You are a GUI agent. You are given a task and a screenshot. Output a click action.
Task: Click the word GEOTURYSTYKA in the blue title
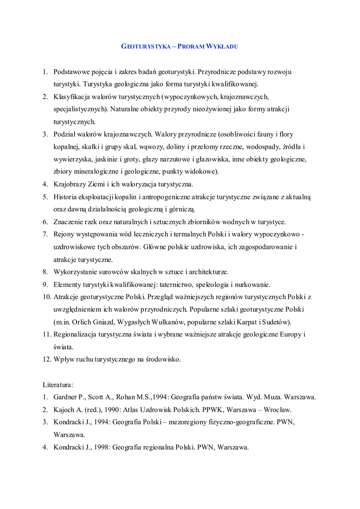coord(145,46)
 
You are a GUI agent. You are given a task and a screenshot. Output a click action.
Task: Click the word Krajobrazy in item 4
coord(71,184)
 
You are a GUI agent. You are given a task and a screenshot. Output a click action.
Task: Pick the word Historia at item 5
coord(68,197)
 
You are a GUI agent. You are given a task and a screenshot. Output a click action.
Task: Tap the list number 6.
coord(45,222)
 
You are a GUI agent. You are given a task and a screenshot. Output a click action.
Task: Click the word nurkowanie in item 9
coord(252,285)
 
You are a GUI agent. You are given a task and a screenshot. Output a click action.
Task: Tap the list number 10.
coord(46,297)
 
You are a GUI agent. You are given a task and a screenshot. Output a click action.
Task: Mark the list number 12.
coord(46,359)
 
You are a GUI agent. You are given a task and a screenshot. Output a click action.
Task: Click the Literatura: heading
coord(58,385)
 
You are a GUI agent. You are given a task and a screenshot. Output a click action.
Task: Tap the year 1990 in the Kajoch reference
coord(112,410)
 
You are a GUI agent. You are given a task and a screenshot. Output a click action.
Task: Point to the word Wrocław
coord(276,410)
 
